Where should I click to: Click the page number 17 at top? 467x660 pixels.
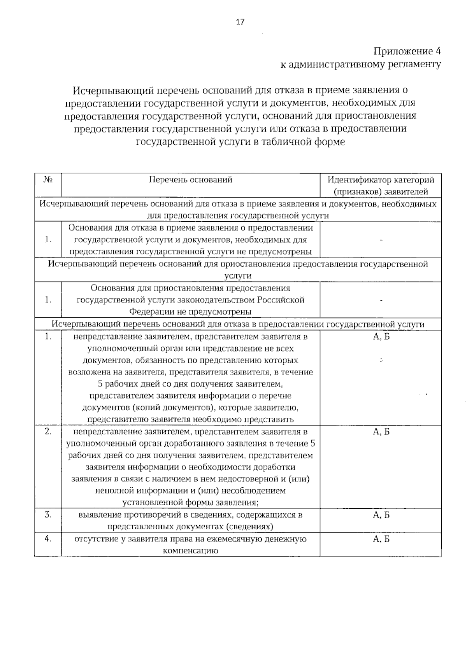point(240,22)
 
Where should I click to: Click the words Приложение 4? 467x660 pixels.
point(407,51)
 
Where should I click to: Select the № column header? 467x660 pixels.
point(48,180)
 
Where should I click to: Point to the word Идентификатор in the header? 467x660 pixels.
point(358,180)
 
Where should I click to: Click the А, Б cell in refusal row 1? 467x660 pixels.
point(381,337)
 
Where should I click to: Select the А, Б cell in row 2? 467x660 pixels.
point(381,432)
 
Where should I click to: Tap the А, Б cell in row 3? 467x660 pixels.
point(381,515)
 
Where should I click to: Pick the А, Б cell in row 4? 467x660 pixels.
point(381,539)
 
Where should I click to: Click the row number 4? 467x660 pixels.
point(48,539)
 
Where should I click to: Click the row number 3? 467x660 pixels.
point(48,515)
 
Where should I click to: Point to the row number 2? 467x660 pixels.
point(48,431)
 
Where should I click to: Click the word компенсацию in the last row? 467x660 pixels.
point(190,551)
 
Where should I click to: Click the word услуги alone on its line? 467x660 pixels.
point(238,276)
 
